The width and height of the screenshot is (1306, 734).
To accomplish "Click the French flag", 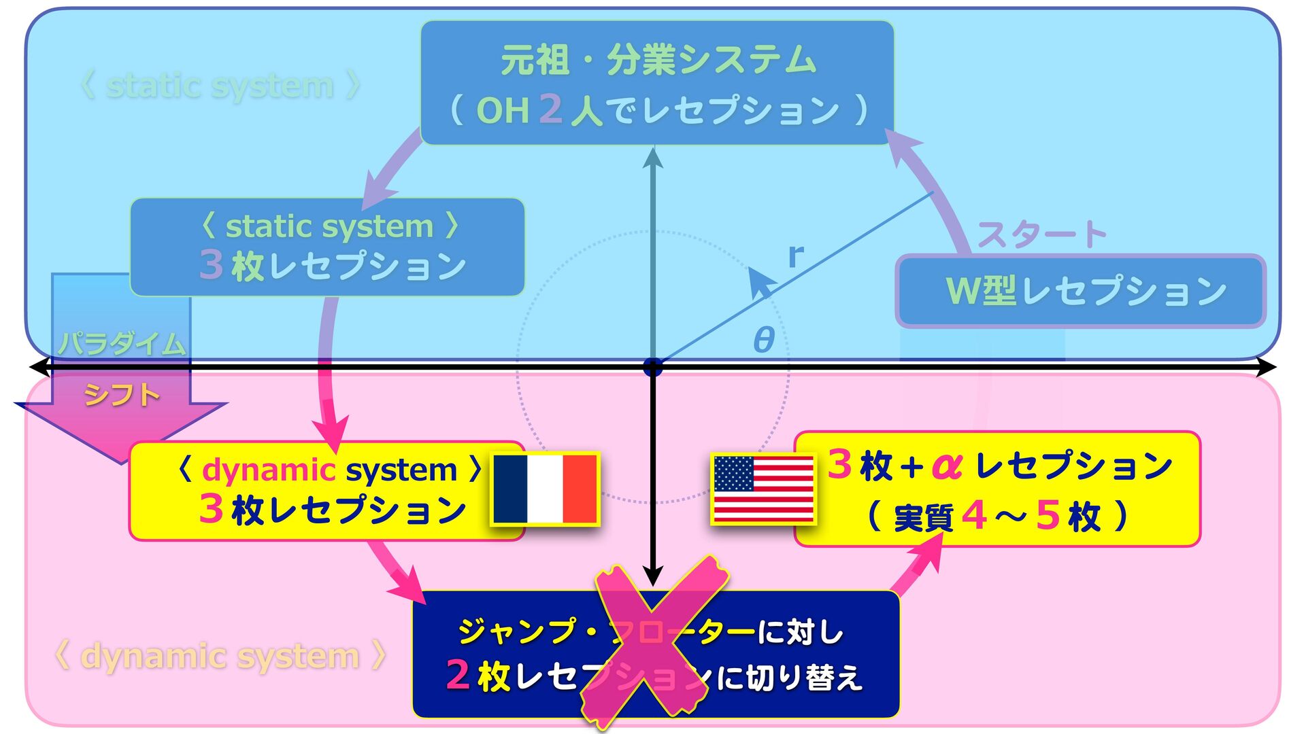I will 545,489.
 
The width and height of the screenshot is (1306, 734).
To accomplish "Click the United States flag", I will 763,489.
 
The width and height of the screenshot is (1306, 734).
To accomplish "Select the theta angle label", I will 764,339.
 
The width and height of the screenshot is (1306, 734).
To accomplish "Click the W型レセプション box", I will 1080,291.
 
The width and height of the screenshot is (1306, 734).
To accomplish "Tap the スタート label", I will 1041,235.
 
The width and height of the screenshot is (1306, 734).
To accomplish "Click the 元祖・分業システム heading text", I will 658,60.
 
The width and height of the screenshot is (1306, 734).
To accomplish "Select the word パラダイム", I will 121,343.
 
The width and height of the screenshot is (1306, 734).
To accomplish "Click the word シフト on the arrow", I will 121,395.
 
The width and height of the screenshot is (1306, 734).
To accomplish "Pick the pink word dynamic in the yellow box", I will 269,470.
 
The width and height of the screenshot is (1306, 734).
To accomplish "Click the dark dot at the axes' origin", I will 653,368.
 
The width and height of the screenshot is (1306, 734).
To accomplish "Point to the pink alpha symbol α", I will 947,466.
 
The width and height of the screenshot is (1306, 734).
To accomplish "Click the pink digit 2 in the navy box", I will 458,675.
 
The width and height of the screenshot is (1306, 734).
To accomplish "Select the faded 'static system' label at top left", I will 220,86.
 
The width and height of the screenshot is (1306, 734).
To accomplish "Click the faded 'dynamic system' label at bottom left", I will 220,657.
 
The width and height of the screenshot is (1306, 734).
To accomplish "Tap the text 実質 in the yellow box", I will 922,518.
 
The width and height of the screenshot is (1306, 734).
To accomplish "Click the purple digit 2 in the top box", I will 550,109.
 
